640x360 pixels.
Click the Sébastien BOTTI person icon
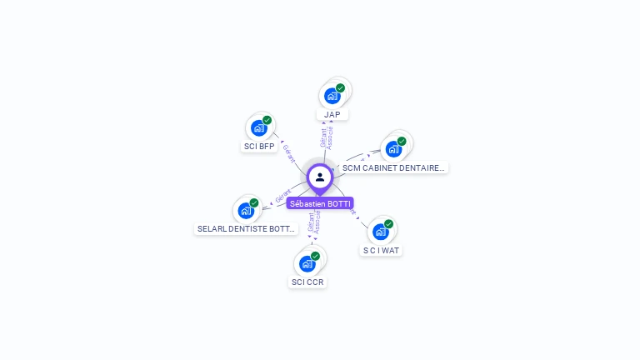click(320, 177)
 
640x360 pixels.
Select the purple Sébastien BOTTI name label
click(320, 203)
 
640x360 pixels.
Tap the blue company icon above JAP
click(332, 96)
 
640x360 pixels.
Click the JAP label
click(332, 114)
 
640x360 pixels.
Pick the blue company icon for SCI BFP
click(258, 128)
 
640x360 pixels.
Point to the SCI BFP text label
click(258, 147)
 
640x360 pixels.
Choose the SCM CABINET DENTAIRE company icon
click(393, 149)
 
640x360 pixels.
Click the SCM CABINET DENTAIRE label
click(394, 167)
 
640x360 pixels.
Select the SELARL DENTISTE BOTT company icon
click(246, 210)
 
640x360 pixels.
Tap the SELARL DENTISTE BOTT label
click(246, 228)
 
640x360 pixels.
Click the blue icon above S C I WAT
click(381, 231)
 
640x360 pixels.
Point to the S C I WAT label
click(382, 250)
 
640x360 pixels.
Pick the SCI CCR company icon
click(307, 263)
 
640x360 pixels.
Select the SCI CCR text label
click(307, 282)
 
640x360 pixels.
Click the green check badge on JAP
click(341, 87)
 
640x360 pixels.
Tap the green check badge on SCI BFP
click(267, 120)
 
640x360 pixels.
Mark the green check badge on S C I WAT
click(389, 223)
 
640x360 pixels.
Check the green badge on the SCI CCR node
click(315, 256)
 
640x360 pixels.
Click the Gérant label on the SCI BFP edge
click(288, 152)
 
